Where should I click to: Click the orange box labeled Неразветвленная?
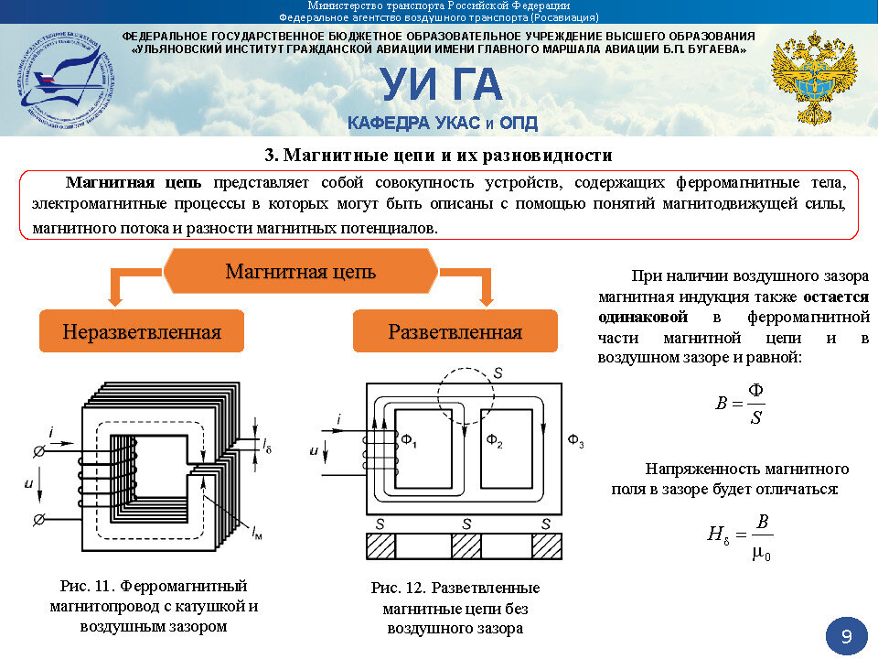pyautogui.click(x=142, y=331)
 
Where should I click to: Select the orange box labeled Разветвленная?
pyautogui.click(x=455, y=331)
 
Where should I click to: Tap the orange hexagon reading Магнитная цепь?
pyautogui.click(x=301, y=272)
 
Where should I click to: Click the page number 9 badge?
pyautogui.click(x=846, y=636)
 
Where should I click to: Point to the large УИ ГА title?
pyautogui.click(x=442, y=85)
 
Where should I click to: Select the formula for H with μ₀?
pyautogui.click(x=740, y=536)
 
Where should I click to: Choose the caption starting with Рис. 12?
pyautogui.click(x=455, y=608)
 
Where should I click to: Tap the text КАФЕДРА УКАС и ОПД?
pyautogui.click(x=442, y=123)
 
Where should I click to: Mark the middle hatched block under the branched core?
pyautogui.click(x=466, y=546)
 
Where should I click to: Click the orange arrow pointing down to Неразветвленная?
pyautogui.click(x=113, y=291)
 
